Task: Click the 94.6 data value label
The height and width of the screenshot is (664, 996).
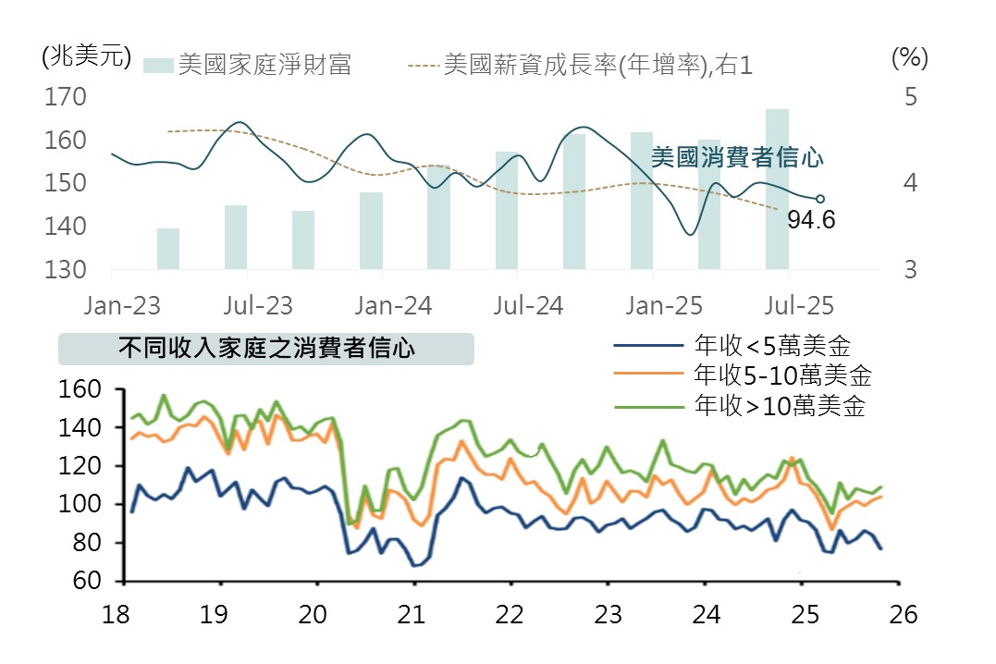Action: (811, 220)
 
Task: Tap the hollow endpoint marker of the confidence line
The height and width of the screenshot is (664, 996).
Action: (819, 198)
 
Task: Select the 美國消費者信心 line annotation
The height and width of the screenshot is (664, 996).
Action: (736, 158)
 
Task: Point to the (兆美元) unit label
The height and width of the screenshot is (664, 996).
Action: (81, 56)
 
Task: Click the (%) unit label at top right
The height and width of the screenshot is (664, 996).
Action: (909, 57)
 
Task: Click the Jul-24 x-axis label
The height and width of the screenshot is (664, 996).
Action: (529, 305)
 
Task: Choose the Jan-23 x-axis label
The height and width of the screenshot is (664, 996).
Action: (123, 305)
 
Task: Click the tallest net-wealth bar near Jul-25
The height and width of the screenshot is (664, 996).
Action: (777, 189)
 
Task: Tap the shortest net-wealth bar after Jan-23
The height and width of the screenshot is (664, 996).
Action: (168, 249)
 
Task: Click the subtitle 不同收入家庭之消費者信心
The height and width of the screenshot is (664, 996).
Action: (266, 349)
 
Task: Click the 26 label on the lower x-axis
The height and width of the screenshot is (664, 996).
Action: (903, 615)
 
